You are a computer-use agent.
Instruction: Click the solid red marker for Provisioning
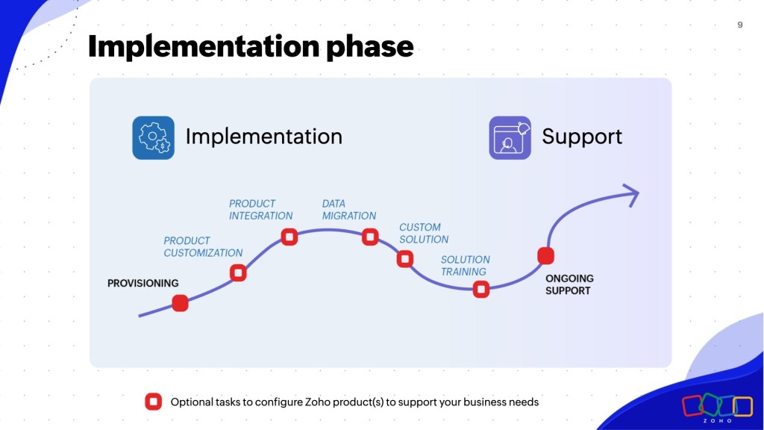tap(180, 303)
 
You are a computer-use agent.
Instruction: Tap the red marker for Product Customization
tap(238, 272)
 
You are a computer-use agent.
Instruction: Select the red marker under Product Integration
tap(289, 237)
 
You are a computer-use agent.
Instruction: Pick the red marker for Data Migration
tap(370, 237)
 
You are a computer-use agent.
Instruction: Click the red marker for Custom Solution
tap(405, 259)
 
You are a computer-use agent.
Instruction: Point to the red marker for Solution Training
tap(481, 289)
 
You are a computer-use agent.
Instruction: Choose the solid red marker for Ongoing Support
tap(545, 256)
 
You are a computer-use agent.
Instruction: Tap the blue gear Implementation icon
tap(153, 137)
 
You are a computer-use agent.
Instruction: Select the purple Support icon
tap(510, 137)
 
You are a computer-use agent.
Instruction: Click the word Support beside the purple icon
tap(582, 137)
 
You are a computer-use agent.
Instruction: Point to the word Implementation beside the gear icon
tap(263, 137)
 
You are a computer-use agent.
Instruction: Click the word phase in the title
tap(370, 47)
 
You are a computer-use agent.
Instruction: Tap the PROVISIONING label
tap(143, 283)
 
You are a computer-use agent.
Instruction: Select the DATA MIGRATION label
tap(349, 210)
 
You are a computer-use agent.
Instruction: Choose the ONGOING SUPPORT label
tap(569, 284)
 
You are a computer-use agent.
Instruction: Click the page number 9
tap(739, 25)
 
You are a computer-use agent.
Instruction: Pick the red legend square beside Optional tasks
tap(153, 402)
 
